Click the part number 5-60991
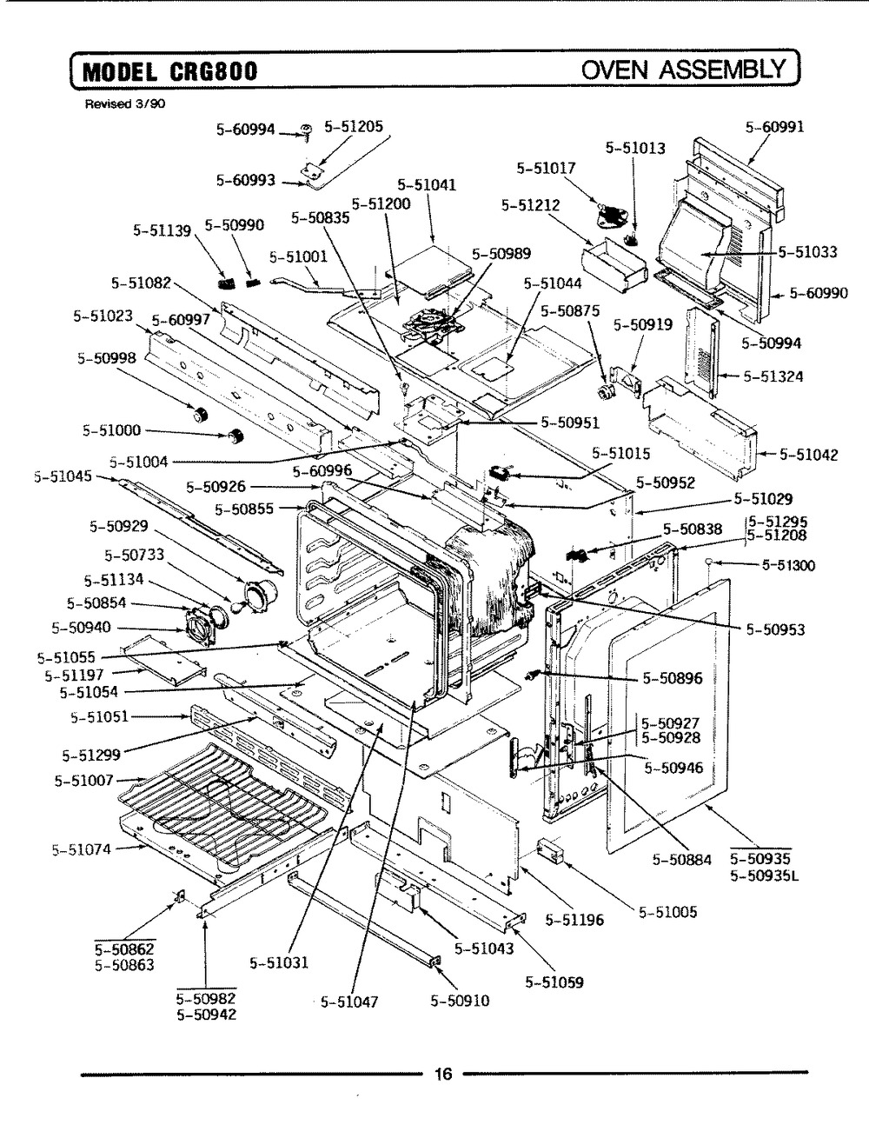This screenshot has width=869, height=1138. pyautogui.click(x=774, y=127)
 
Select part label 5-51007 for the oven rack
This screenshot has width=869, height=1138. pyautogui.click(x=83, y=780)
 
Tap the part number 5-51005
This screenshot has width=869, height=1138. pyautogui.click(x=668, y=913)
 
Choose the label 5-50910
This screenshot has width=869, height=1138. pyautogui.click(x=460, y=1001)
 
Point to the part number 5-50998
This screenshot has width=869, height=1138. pyautogui.click(x=106, y=357)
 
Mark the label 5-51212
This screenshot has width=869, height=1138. pyautogui.click(x=530, y=205)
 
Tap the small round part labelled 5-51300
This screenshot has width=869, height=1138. pyautogui.click(x=710, y=563)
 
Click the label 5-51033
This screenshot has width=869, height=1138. pyautogui.click(x=807, y=252)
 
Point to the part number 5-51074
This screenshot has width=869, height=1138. pyautogui.click(x=81, y=849)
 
